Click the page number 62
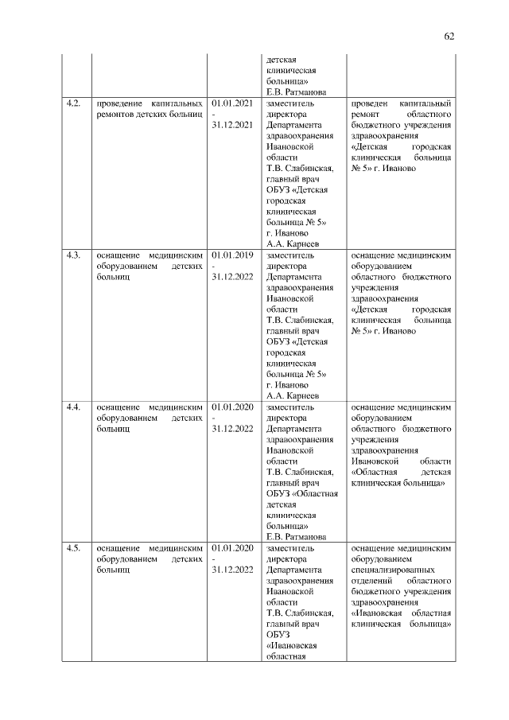pos(449,36)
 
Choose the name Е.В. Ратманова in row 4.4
pos(297,537)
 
